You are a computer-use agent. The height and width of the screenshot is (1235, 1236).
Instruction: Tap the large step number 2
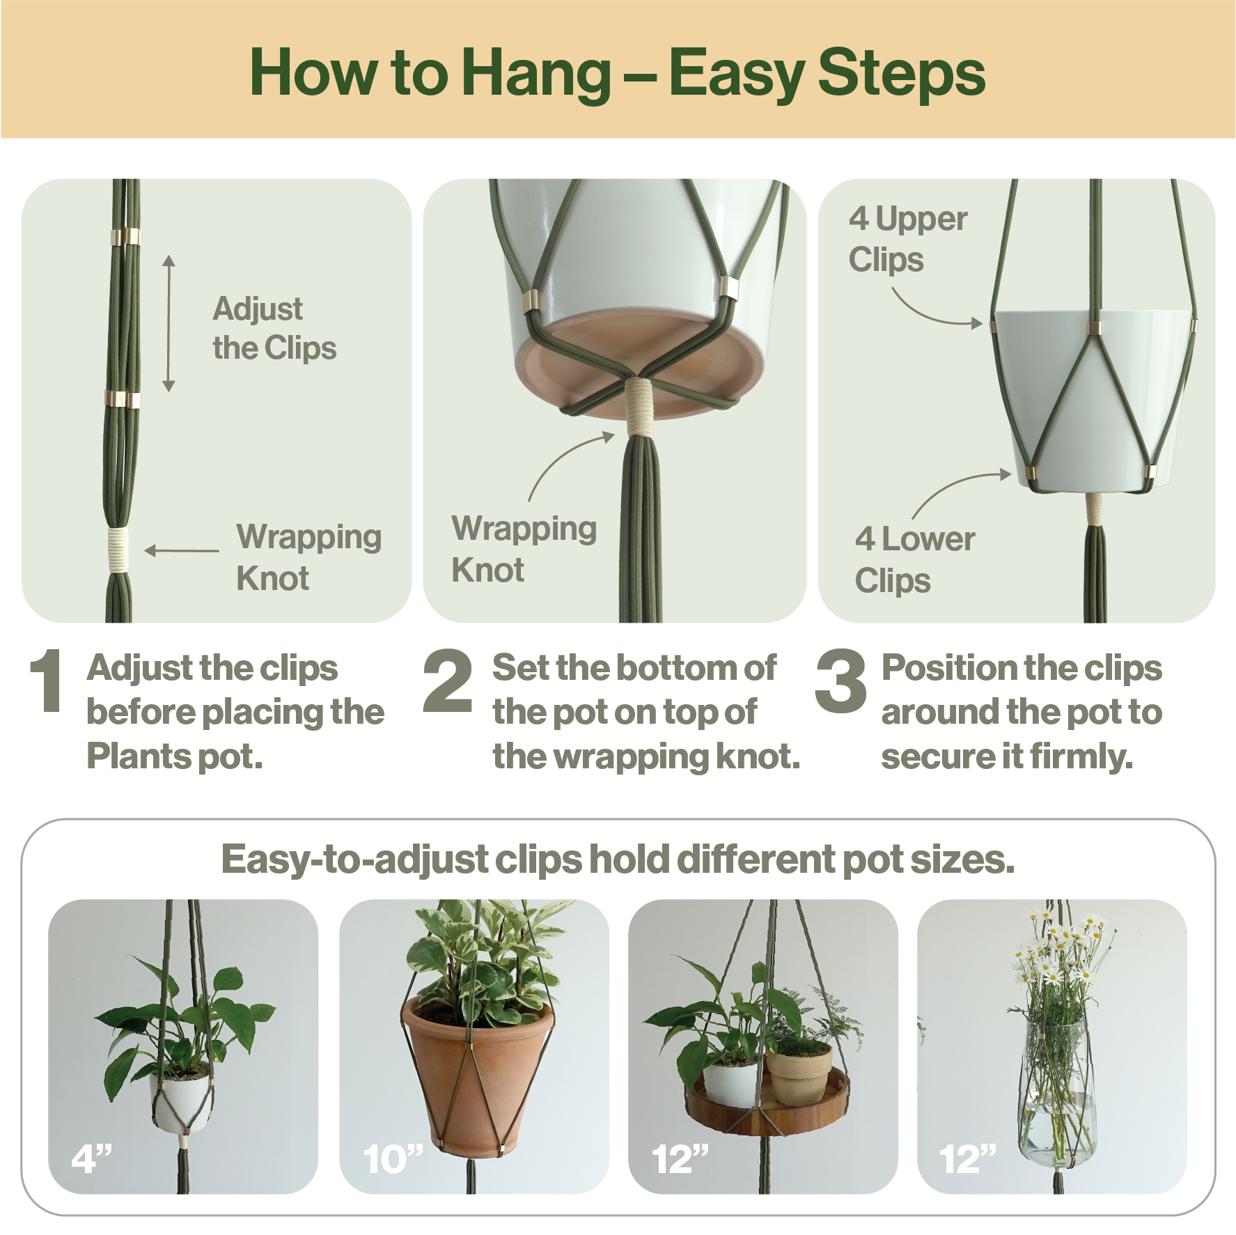447,681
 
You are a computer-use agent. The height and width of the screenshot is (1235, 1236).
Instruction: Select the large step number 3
840,681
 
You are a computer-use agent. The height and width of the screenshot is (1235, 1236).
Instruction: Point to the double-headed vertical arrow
169,323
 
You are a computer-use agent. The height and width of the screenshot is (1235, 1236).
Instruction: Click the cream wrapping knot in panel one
118,550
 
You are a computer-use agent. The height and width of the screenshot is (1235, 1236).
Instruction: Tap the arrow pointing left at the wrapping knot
182,550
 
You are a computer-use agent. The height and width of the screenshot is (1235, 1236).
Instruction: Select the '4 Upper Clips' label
907,239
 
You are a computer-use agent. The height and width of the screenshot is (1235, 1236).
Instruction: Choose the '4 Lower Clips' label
914,560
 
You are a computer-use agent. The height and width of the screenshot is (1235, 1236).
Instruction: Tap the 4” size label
91,1158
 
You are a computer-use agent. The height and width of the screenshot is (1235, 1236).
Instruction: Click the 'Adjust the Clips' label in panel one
274,328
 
